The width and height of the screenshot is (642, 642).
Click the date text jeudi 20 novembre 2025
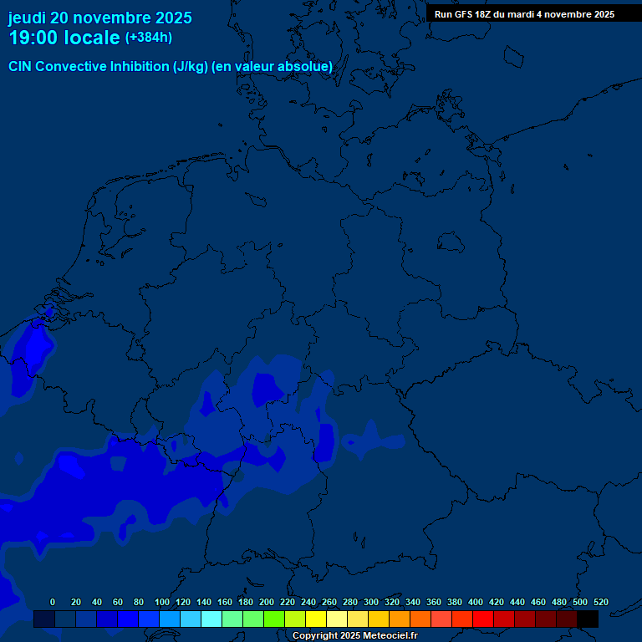pyautogui.click(x=99, y=18)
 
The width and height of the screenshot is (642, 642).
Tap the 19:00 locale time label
pyautogui.click(x=64, y=38)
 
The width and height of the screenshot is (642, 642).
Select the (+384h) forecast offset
pyautogui.click(x=149, y=38)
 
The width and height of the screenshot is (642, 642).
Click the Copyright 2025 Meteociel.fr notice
pyautogui.click(x=354, y=636)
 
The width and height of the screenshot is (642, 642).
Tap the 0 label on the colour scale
pyautogui.click(x=53, y=602)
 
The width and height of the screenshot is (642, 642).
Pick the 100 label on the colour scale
pyautogui.click(x=162, y=602)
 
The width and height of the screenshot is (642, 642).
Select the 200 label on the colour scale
pyautogui.click(x=267, y=602)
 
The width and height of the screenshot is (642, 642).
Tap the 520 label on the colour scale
pyautogui.click(x=600, y=602)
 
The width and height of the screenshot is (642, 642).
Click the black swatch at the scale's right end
pyautogui.click(x=588, y=619)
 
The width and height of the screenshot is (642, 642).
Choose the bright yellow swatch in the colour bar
pyautogui.click(x=316, y=619)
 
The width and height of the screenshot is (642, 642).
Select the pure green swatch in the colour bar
pyautogui.click(x=274, y=619)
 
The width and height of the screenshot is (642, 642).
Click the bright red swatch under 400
pyautogui.click(x=483, y=619)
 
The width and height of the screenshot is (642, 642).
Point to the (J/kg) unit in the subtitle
pyautogui.click(x=191, y=67)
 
